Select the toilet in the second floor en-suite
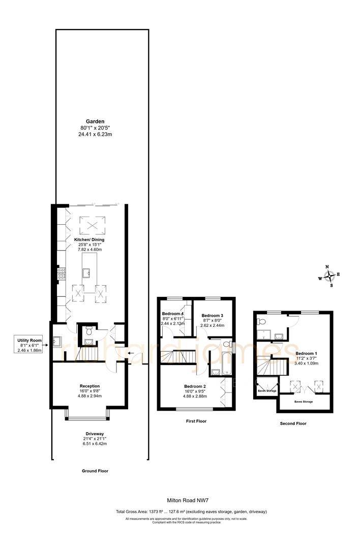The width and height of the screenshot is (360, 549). (x=260, y=322)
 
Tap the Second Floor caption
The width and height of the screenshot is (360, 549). (x=293, y=423)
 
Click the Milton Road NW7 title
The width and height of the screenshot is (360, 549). (x=189, y=500)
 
